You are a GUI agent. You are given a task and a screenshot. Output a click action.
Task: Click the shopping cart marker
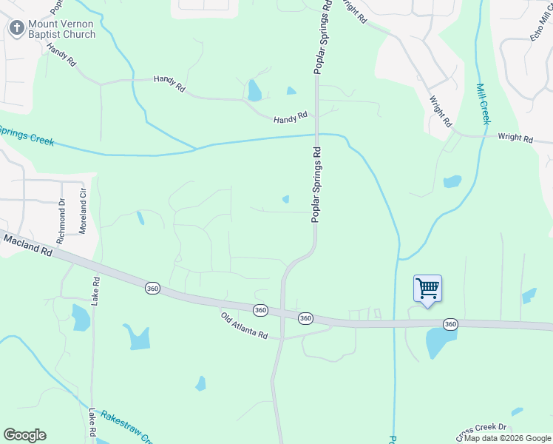427,289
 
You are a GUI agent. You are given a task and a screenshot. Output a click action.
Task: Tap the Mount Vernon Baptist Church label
62,29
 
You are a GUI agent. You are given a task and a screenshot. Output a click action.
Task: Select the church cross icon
16,28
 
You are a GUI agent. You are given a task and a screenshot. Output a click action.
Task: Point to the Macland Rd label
27,246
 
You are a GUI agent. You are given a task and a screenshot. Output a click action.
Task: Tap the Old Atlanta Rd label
243,326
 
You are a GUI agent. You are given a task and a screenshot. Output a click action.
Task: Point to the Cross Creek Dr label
481,428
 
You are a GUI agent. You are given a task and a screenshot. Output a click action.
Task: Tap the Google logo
24,435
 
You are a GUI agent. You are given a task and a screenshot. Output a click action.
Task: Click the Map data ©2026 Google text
507,438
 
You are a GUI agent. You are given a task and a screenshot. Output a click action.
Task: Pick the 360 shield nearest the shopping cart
449,324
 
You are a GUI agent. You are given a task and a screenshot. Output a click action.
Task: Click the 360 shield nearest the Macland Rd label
152,288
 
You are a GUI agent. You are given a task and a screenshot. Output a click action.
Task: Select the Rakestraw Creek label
126,426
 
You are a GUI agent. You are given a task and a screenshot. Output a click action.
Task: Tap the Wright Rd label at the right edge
515,138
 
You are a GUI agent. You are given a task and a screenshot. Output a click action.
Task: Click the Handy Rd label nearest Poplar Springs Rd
290,118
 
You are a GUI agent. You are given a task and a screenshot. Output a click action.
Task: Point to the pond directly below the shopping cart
441,343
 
